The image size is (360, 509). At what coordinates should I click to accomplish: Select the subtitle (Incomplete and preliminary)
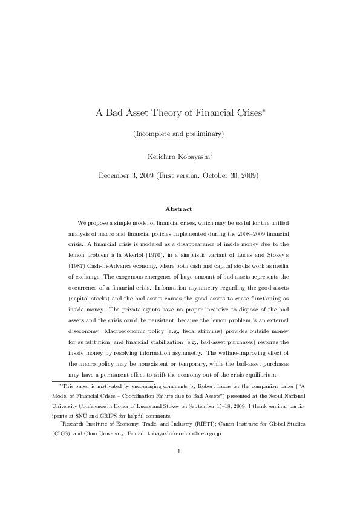[x=180, y=134]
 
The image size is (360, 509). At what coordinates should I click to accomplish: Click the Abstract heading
[x=180, y=209]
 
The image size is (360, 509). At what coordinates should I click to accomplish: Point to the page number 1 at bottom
[x=180, y=467]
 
